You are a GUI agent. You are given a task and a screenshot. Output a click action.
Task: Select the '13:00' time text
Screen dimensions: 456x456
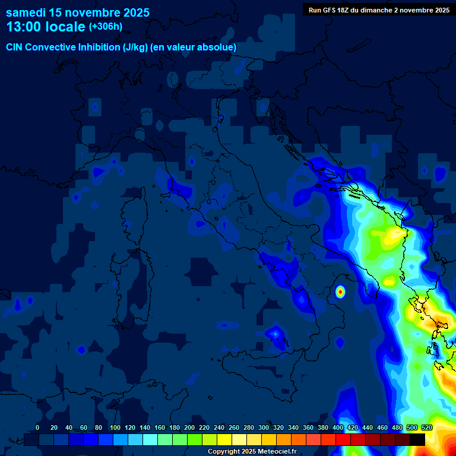[25, 27]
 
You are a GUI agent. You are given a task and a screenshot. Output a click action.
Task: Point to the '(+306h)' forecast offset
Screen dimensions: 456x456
[105, 27]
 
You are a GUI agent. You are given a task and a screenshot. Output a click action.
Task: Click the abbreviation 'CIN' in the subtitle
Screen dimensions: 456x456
[15, 47]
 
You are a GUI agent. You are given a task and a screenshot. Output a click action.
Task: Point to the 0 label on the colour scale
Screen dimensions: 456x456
[37, 427]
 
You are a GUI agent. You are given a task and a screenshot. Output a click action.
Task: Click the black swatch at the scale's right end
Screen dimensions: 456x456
[417, 439]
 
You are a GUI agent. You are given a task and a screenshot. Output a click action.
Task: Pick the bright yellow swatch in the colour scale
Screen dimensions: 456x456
[224, 439]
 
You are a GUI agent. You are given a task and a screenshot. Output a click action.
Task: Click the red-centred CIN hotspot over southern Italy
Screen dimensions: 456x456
[340, 292]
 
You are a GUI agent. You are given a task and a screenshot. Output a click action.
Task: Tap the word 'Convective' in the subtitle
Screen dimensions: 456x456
[50, 47]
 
